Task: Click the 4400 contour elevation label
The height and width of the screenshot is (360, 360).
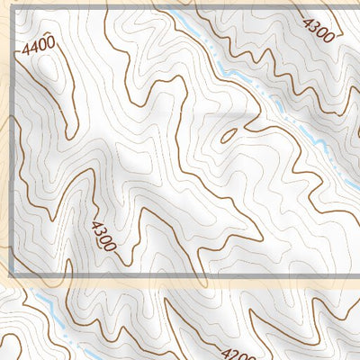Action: (38, 42)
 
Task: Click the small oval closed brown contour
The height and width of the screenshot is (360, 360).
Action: (229, 136)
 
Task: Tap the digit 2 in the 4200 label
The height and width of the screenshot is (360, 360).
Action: (233, 354)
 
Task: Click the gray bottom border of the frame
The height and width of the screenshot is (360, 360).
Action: (180, 272)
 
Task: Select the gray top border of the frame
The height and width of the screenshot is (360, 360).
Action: (180, 10)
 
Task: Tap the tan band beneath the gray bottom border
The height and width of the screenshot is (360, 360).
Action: (180, 282)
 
